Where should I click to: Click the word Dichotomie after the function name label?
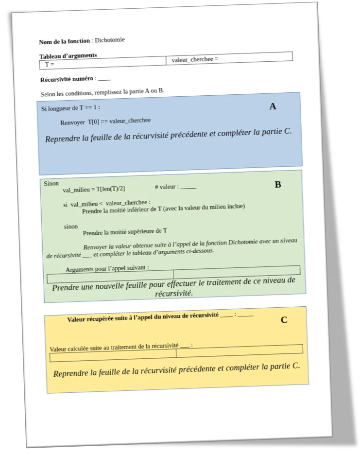tap(110, 40)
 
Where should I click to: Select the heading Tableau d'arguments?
tap(68, 56)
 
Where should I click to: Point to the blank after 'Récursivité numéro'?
tap(104, 79)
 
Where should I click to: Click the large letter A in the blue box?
tap(273, 106)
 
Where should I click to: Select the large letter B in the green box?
tap(278, 185)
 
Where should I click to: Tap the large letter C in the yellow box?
tap(284, 320)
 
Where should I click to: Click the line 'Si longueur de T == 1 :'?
tap(71, 107)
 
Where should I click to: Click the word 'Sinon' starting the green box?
tap(51, 184)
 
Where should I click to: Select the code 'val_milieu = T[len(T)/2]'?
tap(94, 190)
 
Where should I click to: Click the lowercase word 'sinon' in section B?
tap(71, 227)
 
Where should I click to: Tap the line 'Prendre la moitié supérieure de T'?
tap(125, 232)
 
